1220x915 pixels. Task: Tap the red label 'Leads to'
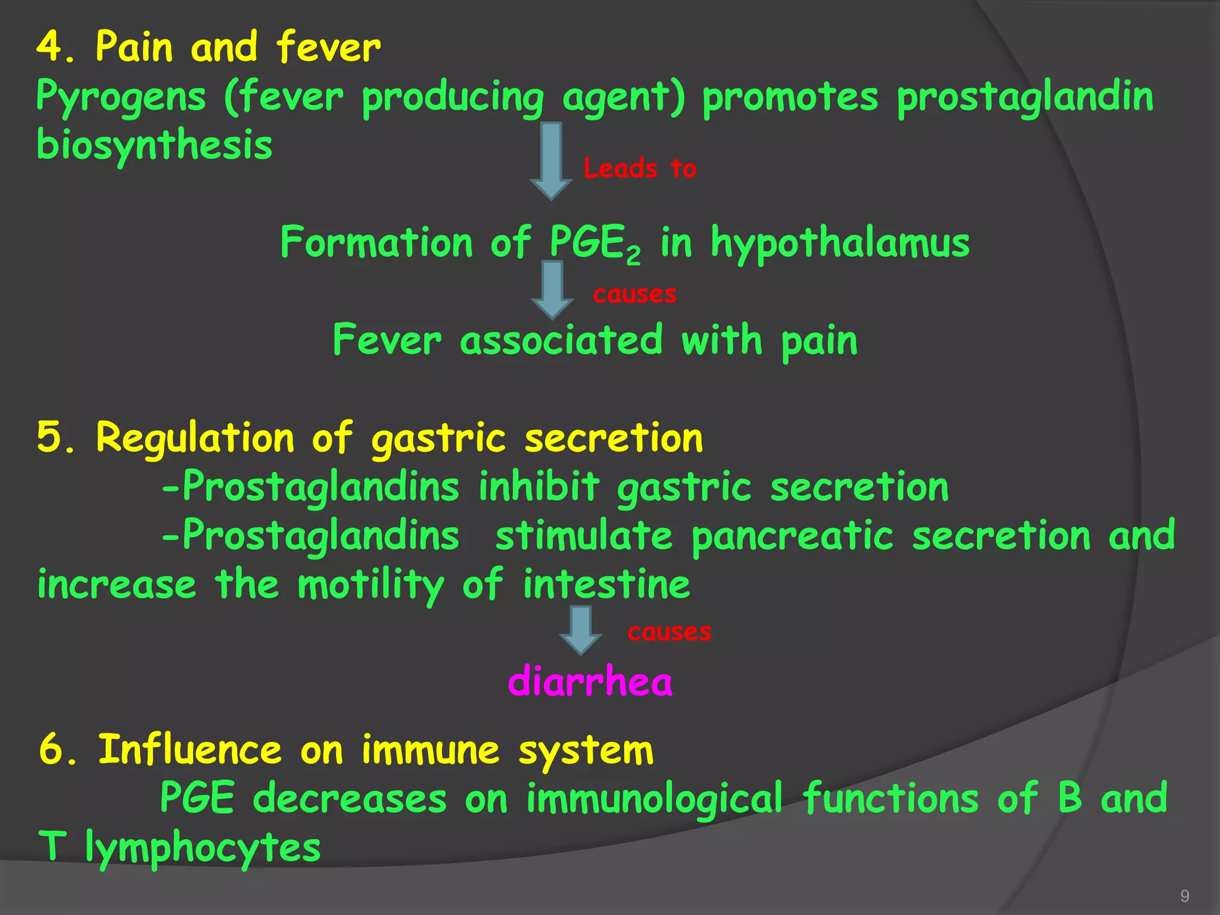pyautogui.click(x=640, y=169)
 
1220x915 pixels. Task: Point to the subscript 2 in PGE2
pyautogui.click(x=633, y=256)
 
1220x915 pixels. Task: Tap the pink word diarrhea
pyautogui.click(x=590, y=681)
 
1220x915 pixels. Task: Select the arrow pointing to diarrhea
pyautogui.click(x=580, y=630)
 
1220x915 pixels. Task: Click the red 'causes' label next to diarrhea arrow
pyautogui.click(x=669, y=632)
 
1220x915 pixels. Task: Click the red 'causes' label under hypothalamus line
pyautogui.click(x=634, y=294)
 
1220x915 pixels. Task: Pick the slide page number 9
pyautogui.click(x=1185, y=896)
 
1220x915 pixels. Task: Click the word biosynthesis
pyautogui.click(x=154, y=146)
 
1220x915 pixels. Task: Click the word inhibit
pyautogui.click(x=539, y=487)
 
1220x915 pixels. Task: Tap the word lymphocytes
pyautogui.click(x=203, y=848)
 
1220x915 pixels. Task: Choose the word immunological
pyautogui.click(x=653, y=799)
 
